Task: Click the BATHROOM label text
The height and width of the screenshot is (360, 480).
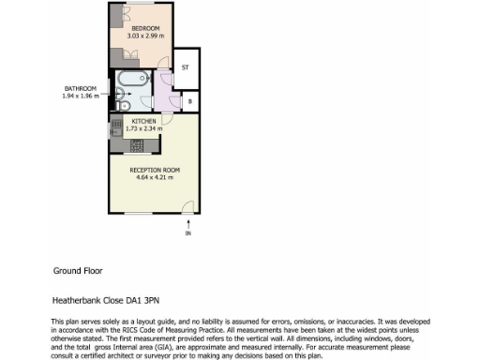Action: pyautogui.click(x=80, y=88)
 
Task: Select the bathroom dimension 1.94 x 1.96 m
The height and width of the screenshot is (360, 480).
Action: pyautogui.click(x=80, y=96)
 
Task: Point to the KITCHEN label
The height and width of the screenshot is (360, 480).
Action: pyautogui.click(x=143, y=121)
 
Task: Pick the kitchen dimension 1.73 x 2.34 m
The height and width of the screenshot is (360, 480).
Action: pyautogui.click(x=143, y=128)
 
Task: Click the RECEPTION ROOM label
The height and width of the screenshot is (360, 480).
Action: pyautogui.click(x=155, y=169)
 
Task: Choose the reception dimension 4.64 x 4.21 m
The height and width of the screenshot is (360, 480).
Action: pyautogui.click(x=155, y=176)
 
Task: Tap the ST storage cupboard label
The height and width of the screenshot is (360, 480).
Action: pyautogui.click(x=186, y=67)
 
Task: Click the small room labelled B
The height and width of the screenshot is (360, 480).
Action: pyautogui.click(x=190, y=101)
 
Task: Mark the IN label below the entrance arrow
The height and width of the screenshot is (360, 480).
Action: pyautogui.click(x=187, y=233)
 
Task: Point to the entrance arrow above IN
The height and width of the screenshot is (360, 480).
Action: pyautogui.click(x=187, y=223)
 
